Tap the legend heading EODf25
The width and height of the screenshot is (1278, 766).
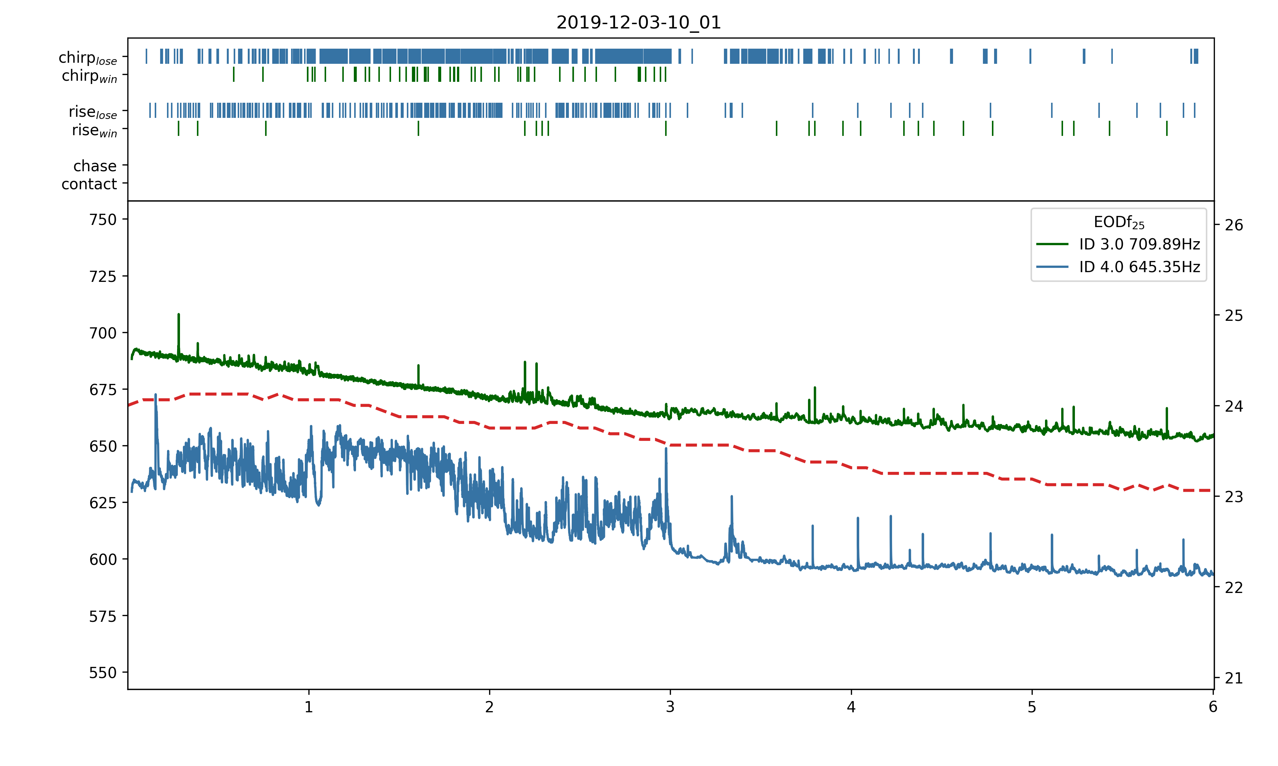click(x=1119, y=222)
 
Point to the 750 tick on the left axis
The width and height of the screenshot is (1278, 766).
click(x=103, y=220)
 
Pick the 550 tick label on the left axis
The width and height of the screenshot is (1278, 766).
click(x=103, y=673)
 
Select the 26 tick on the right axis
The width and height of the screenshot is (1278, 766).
click(x=1234, y=225)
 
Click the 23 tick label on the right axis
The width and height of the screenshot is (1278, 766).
click(x=1234, y=497)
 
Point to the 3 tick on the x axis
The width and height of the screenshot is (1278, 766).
click(x=670, y=707)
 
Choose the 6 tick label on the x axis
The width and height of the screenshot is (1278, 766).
click(x=1212, y=707)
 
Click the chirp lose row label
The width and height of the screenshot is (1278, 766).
click(x=88, y=58)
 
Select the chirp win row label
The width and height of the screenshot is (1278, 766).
click(x=89, y=76)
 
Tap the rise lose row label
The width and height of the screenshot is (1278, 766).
click(x=93, y=112)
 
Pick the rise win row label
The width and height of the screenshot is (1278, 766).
click(x=95, y=130)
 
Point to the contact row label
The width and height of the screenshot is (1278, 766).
click(x=89, y=184)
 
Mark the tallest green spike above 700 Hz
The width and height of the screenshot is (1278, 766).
click(x=179, y=315)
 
